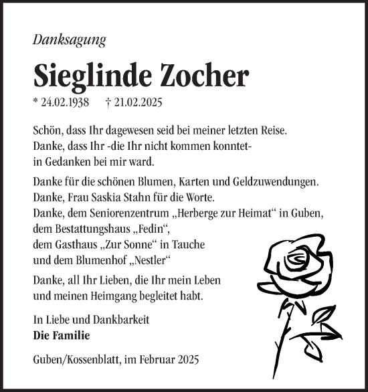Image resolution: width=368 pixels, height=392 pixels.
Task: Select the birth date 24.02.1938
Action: pos(64,104)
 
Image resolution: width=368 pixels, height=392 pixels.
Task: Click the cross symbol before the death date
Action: pos(108,104)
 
